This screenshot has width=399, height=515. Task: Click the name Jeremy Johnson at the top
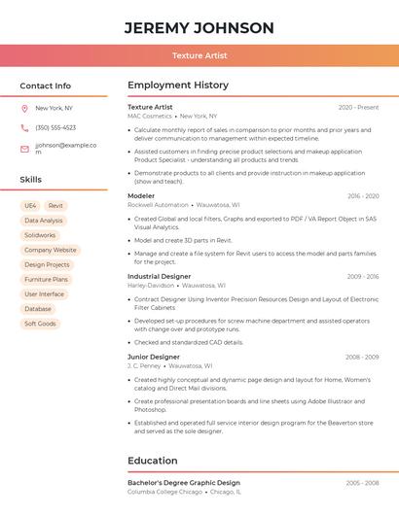199,28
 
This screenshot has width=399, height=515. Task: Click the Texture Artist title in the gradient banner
199,55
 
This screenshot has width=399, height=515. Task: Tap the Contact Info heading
45,86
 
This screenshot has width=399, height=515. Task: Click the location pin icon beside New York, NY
24,108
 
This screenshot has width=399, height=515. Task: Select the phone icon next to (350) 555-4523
24,127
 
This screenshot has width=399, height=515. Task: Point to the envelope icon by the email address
24,149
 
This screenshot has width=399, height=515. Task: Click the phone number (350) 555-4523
55,127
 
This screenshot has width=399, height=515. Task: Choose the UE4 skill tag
30,206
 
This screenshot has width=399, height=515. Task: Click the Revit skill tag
55,206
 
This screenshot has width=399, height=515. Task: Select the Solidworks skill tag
40,235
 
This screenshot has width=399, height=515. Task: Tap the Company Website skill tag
50,250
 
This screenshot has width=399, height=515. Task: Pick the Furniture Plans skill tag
46,279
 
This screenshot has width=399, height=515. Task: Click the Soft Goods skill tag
40,324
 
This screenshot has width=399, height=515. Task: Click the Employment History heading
178,86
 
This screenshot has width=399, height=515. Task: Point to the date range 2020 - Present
358,107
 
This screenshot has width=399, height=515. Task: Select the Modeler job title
141,196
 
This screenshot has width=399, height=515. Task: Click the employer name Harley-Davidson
150,286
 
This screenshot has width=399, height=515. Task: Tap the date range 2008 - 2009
362,357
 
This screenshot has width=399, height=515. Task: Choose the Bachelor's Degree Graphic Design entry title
184,483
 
